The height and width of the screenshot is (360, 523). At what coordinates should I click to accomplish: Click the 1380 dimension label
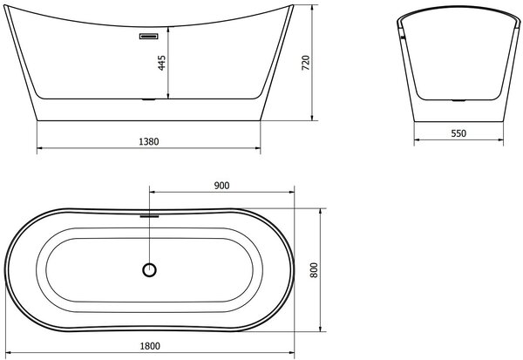pos(149,142)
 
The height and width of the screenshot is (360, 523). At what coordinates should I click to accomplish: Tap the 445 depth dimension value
pos(162,63)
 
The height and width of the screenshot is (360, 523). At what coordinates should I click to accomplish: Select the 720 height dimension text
pos(306,63)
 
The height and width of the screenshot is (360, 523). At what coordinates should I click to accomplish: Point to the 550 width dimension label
pos(458,133)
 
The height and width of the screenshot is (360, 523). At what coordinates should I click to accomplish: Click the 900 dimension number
pos(221,186)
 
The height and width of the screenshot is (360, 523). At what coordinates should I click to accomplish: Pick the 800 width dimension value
pos(314,270)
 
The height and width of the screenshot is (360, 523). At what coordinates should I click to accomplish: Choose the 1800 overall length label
pos(150,346)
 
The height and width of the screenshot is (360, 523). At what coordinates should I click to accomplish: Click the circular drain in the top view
pos(149,270)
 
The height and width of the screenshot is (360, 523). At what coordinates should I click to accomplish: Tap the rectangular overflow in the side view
pos(148,37)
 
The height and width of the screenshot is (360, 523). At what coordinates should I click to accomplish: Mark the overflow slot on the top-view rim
pos(149,216)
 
